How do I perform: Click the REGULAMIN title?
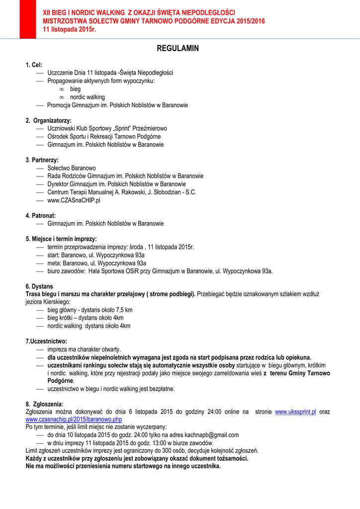point(178,49)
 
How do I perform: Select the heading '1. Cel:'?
point(34,65)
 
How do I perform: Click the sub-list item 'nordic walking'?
point(87,97)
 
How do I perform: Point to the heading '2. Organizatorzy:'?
point(49,120)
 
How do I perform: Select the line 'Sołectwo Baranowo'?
point(72,168)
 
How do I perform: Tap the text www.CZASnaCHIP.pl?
point(74,200)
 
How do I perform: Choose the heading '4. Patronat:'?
point(41,216)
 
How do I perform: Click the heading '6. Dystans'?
point(39,286)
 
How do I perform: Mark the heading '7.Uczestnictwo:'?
point(46,341)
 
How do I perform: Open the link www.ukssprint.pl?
point(295,412)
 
